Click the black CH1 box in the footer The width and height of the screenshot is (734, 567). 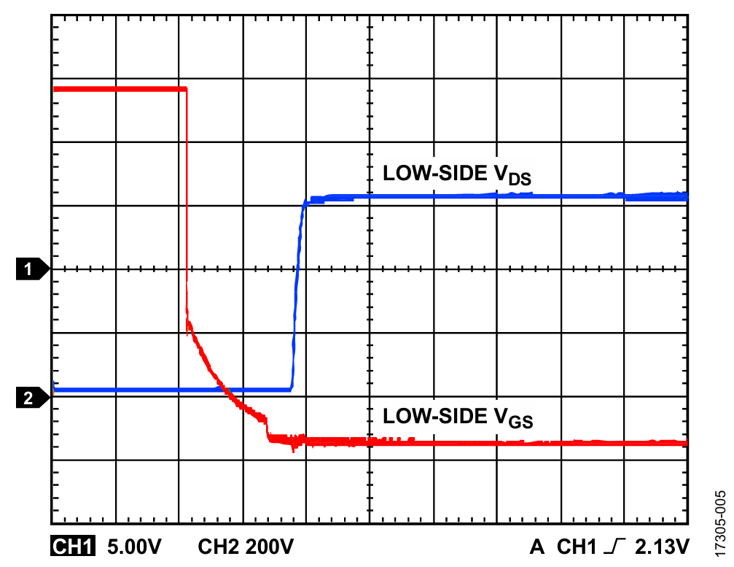(72, 545)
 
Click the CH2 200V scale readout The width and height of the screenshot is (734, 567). (246, 545)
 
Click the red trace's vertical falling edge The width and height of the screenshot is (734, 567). (187, 197)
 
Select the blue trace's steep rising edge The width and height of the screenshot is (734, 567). (297, 292)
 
